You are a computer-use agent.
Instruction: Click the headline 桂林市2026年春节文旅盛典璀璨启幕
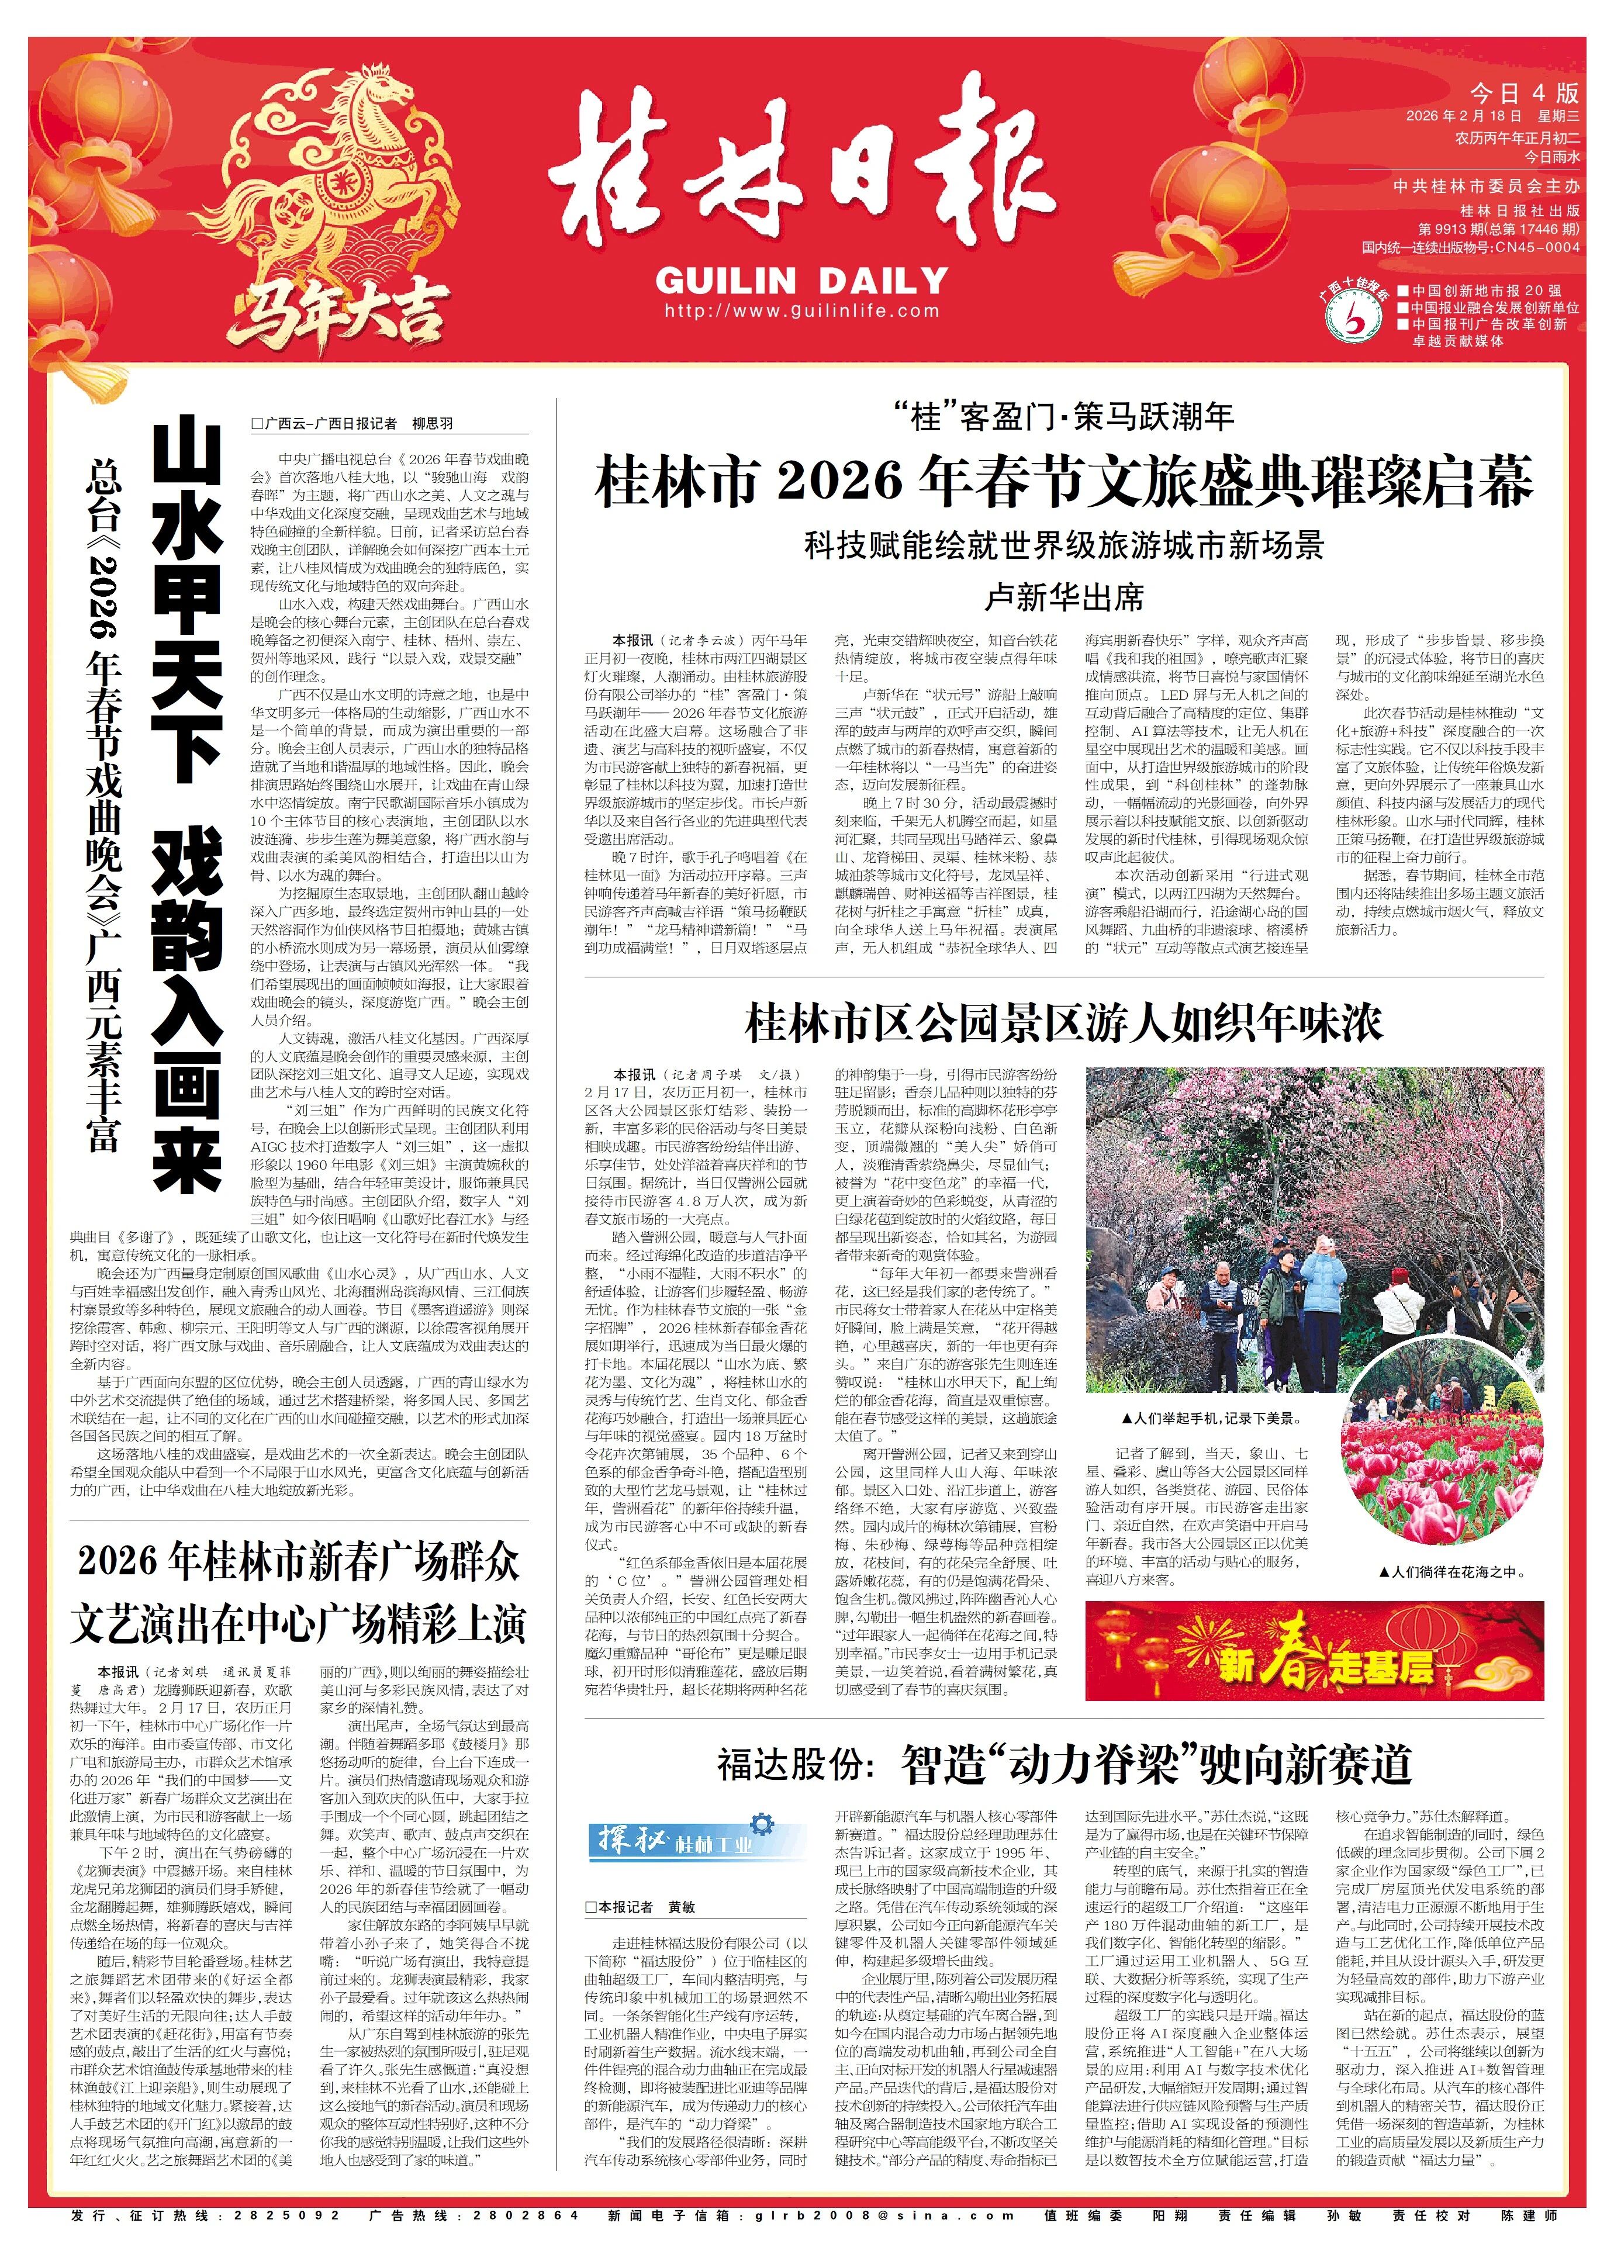pos(1063,483)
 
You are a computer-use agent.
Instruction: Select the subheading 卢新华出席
pos(1063,597)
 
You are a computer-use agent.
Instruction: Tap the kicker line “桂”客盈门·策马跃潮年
pos(1063,417)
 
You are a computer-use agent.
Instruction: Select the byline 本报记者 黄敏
pos(641,1907)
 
